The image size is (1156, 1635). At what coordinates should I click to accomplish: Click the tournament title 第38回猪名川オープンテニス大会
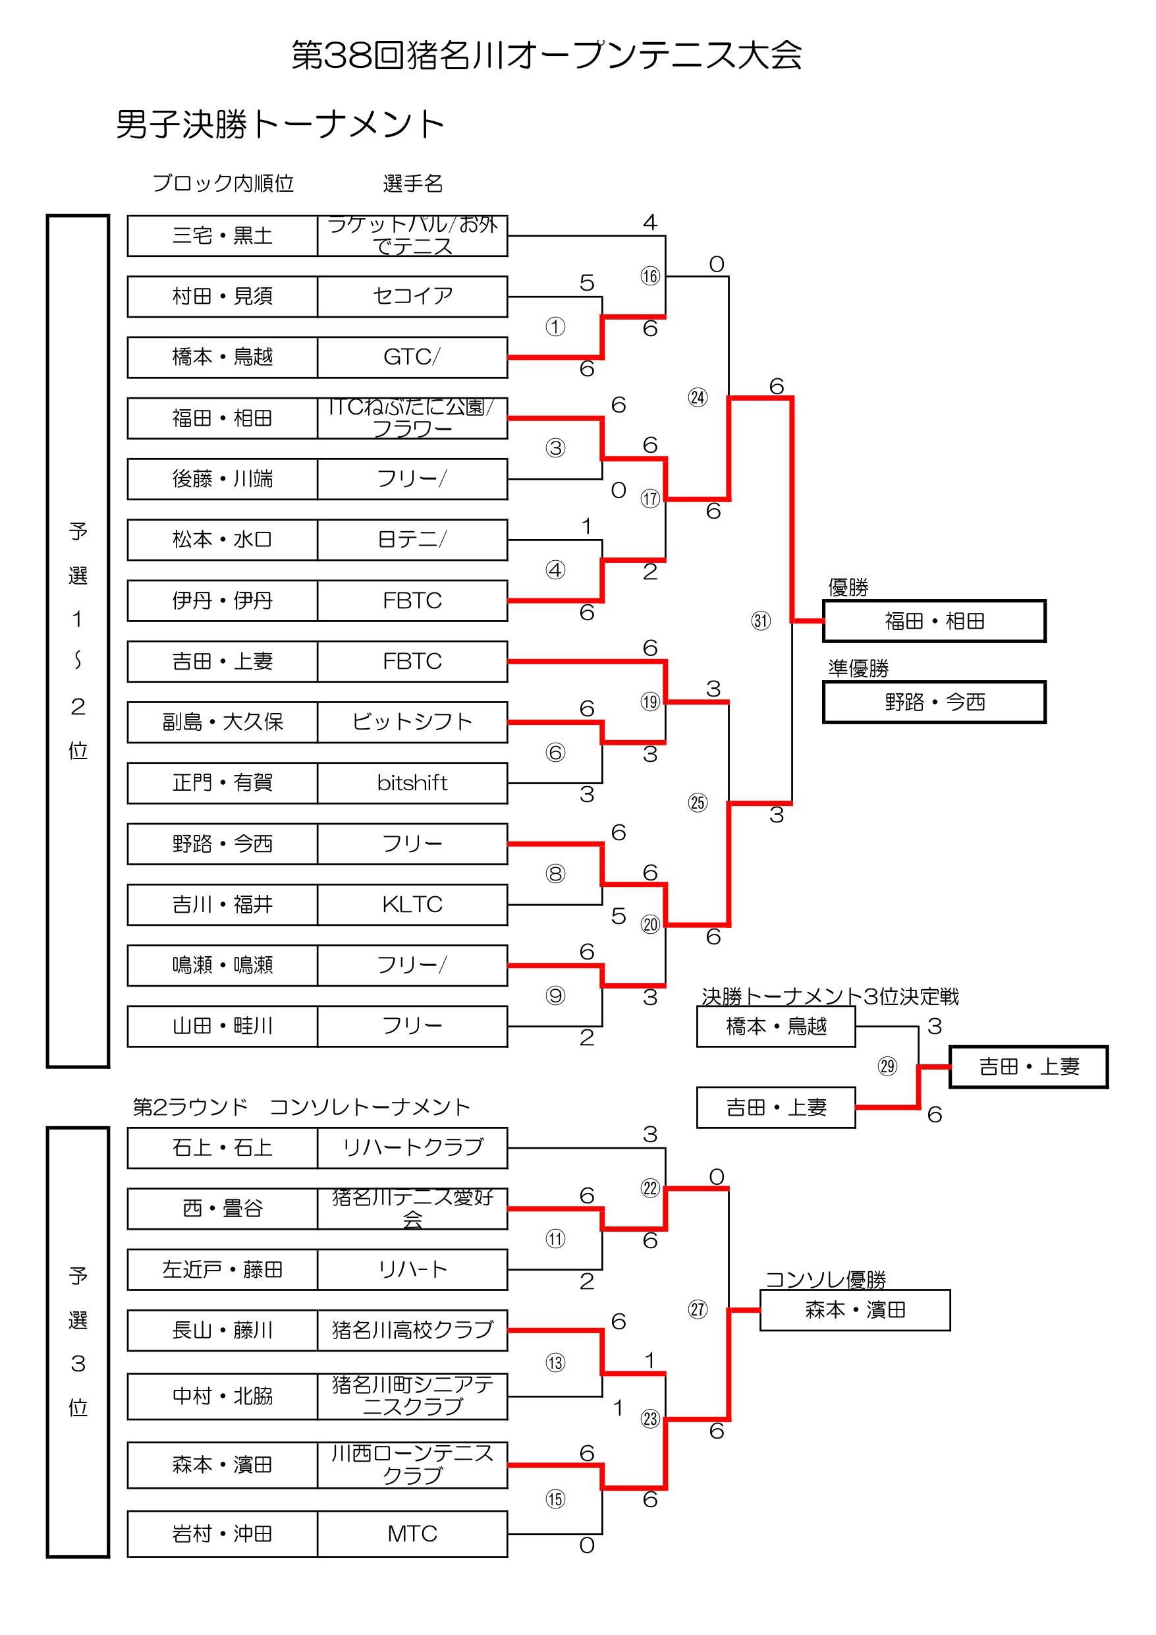547,55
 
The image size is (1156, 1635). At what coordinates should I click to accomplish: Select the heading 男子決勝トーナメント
281,125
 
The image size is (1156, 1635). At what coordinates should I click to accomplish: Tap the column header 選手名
413,184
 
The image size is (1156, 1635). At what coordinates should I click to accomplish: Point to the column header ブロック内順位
223,184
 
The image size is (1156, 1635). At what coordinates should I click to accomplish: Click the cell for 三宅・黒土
222,236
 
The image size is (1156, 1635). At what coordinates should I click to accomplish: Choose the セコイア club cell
412,297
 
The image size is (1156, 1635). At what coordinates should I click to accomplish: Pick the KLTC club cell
412,904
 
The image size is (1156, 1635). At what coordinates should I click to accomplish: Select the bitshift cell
412,783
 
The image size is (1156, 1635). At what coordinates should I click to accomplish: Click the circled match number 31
761,620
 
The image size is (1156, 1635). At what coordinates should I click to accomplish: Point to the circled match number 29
887,1066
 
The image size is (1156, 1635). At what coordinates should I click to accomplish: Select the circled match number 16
650,275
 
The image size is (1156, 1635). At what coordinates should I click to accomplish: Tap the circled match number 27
698,1309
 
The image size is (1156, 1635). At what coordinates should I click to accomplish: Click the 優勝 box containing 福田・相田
934,621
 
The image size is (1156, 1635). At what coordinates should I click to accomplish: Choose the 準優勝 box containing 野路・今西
934,702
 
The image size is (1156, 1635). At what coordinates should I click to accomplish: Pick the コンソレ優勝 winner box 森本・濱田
855,1309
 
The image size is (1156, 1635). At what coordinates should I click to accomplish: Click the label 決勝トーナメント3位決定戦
830,996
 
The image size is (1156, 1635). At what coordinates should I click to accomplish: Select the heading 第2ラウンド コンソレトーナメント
302,1106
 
